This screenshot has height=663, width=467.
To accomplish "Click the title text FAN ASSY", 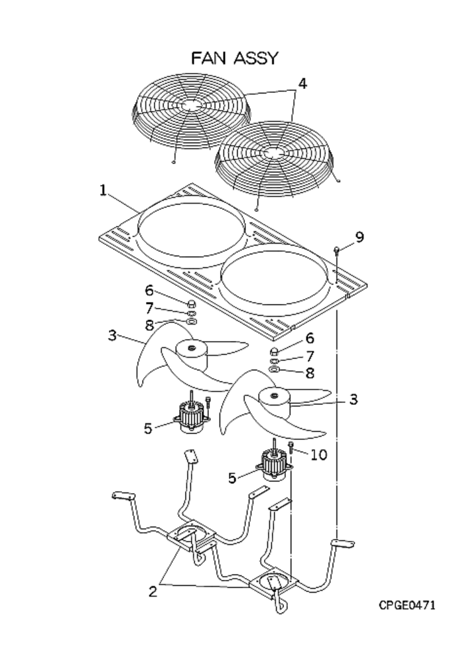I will tap(234, 58).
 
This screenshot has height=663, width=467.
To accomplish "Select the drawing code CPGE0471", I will tap(408, 605).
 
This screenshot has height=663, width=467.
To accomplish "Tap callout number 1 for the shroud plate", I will tap(103, 190).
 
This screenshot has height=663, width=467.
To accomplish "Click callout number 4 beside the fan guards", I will tap(302, 84).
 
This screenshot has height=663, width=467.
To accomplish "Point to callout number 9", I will tap(359, 237).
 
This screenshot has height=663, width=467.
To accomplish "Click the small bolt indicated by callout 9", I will tap(338, 250).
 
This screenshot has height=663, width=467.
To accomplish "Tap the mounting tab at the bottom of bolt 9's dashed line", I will tap(344, 542).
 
